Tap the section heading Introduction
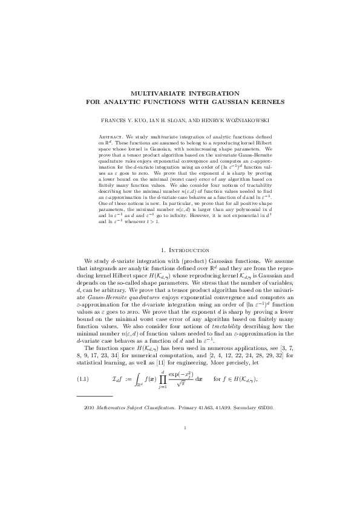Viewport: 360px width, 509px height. [x=188, y=267]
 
